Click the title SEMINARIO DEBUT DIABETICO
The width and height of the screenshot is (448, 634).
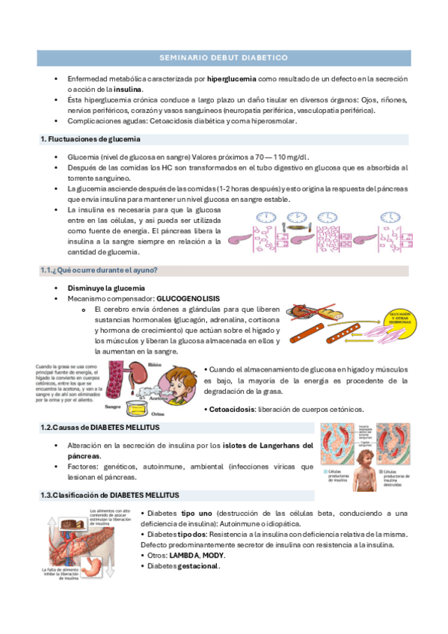pyautogui.click(x=224, y=57)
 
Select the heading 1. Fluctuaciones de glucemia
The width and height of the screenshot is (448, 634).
pyautogui.click(x=90, y=139)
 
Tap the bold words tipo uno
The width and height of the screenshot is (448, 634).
pyautogui.click(x=197, y=514)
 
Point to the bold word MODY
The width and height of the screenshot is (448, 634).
pyautogui.click(x=214, y=555)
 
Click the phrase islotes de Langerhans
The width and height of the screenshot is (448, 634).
pyautogui.click(x=258, y=446)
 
